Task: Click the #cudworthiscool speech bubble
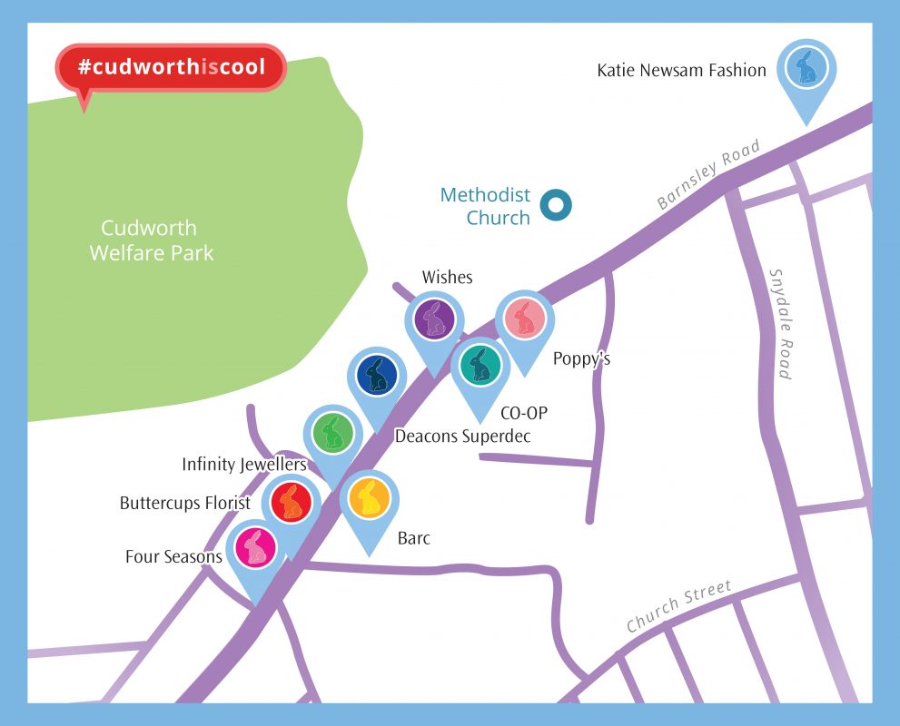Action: pyautogui.click(x=171, y=68)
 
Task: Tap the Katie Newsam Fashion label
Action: pyautogui.click(x=681, y=70)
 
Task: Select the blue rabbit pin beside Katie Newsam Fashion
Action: pyautogui.click(x=806, y=69)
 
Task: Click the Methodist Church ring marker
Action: pyautogui.click(x=555, y=205)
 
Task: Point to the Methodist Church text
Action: pyautogui.click(x=485, y=206)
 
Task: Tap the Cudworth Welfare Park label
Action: pyautogui.click(x=151, y=240)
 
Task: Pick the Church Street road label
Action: pyautogui.click(x=678, y=607)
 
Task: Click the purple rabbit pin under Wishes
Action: pyautogui.click(x=434, y=319)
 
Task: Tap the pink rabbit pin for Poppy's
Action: pyautogui.click(x=524, y=318)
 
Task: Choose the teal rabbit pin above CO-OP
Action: pyautogui.click(x=480, y=365)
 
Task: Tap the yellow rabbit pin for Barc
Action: pyautogui.click(x=369, y=498)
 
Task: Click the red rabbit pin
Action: pyautogui.click(x=291, y=502)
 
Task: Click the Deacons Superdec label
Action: pyautogui.click(x=461, y=437)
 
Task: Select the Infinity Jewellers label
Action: pyautogui.click(x=244, y=465)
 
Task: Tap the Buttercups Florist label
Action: pyautogui.click(x=184, y=503)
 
